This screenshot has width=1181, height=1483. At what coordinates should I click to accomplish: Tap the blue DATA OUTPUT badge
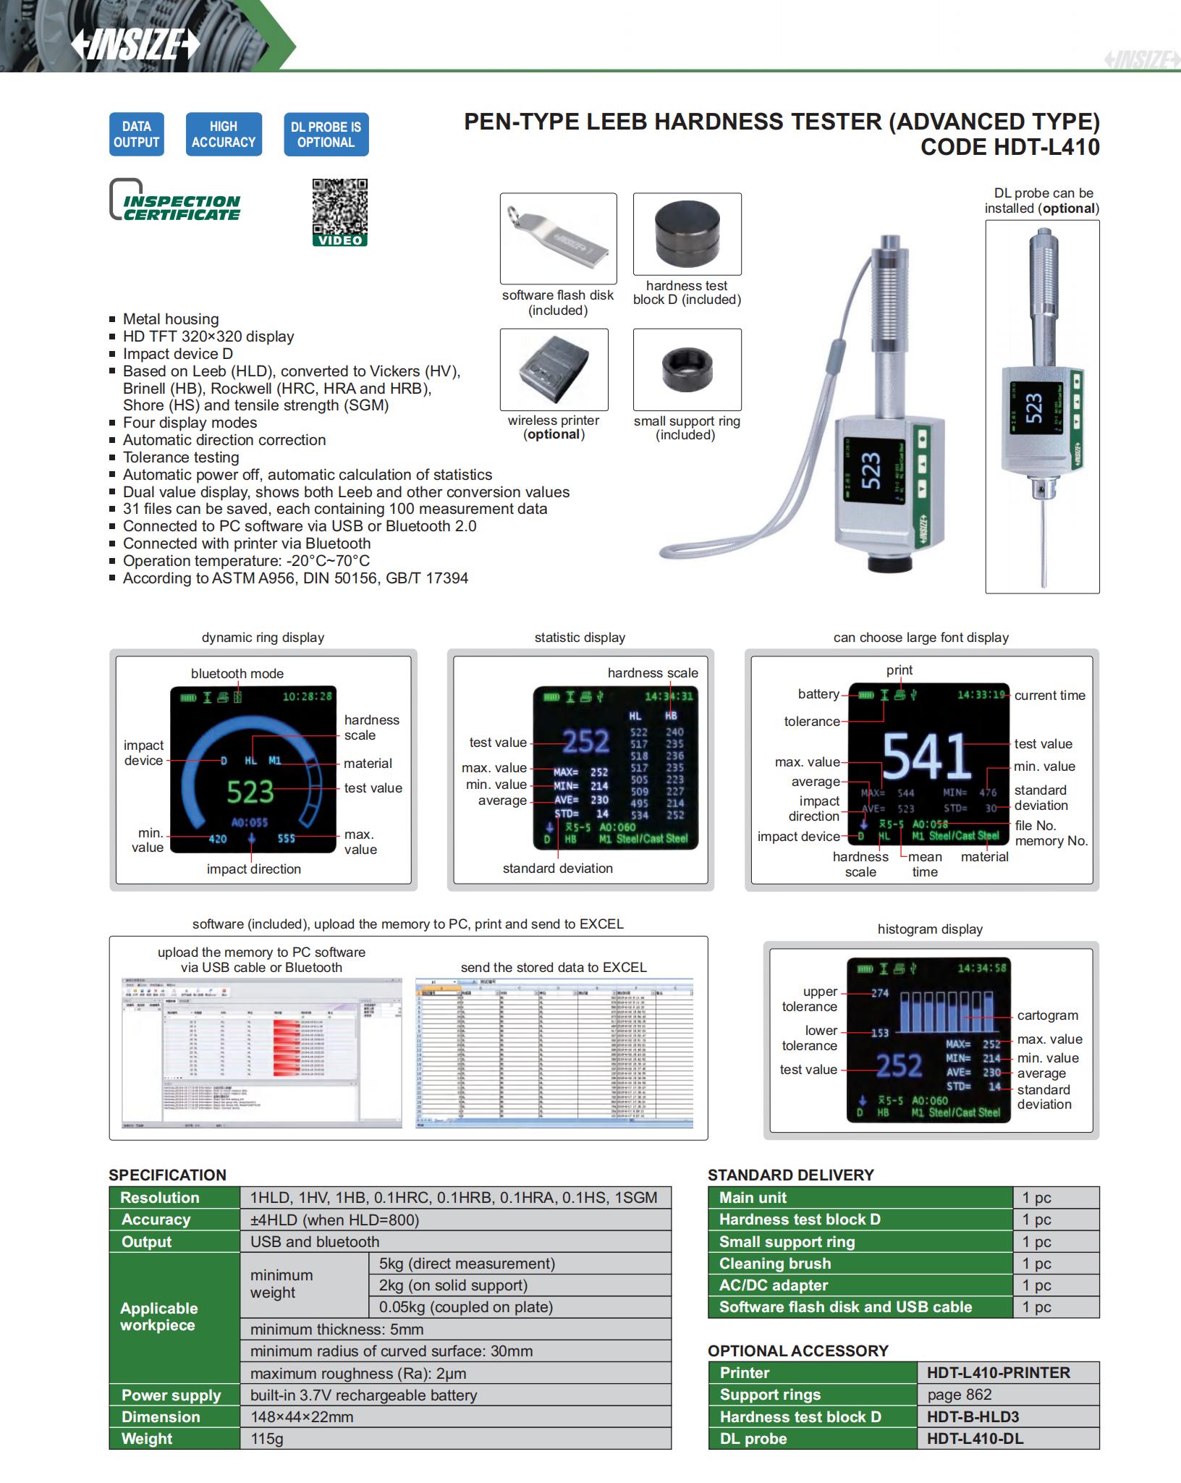click(136, 134)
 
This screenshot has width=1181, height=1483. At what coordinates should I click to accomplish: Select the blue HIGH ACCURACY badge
click(224, 134)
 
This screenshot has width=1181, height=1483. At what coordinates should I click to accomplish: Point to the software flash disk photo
click(558, 238)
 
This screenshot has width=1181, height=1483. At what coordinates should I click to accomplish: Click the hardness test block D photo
click(687, 233)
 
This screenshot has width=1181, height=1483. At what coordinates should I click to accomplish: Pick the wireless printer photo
click(554, 369)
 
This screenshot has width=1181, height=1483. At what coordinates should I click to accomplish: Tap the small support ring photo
click(687, 369)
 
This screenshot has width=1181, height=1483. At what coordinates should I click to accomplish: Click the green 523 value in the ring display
click(250, 792)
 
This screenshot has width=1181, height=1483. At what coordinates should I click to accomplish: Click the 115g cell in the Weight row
click(267, 1438)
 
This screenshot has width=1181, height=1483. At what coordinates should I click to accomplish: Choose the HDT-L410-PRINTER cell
click(998, 1372)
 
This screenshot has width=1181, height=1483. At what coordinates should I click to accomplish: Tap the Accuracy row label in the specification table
click(156, 1220)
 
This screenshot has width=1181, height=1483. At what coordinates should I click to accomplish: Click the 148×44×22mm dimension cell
click(302, 1416)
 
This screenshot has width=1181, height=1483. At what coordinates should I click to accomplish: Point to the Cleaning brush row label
click(775, 1263)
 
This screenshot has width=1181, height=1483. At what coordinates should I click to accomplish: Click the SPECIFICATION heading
click(167, 1175)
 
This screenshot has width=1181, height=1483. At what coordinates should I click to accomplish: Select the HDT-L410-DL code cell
click(975, 1438)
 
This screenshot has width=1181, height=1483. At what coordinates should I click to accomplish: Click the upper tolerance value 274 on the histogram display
click(880, 993)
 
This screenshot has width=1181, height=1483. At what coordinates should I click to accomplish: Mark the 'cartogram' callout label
click(1047, 1015)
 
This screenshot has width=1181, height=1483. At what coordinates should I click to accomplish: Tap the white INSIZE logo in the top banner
click(135, 45)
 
